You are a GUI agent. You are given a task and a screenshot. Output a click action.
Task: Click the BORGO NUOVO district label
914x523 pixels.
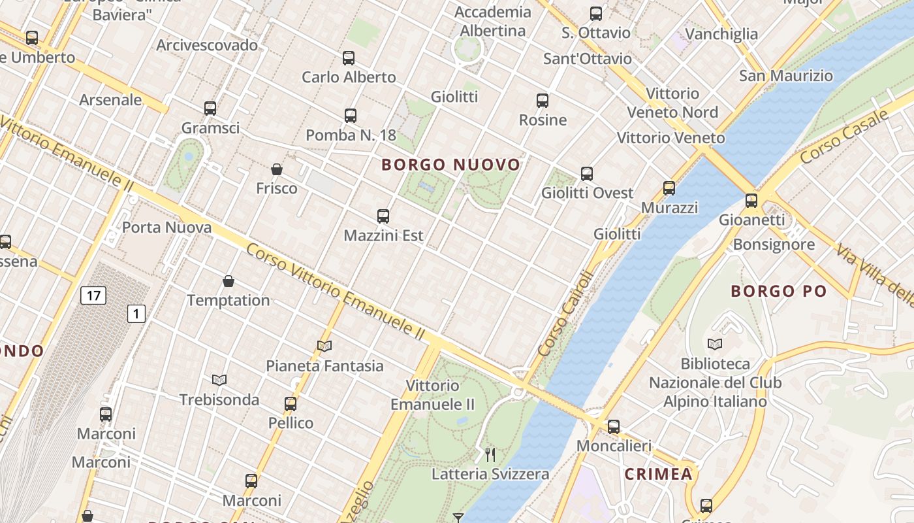click(451, 165)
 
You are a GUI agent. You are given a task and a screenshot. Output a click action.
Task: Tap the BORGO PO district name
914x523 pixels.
click(778, 292)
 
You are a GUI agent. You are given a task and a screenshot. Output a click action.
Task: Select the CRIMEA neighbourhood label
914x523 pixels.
click(658, 474)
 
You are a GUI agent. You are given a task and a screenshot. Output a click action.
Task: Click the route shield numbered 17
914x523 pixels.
click(93, 295)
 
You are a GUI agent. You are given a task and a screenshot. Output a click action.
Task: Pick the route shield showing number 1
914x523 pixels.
click(136, 314)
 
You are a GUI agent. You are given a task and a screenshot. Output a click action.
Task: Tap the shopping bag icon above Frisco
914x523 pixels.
click(277, 169)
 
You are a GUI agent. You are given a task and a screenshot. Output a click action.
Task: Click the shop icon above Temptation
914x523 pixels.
click(228, 281)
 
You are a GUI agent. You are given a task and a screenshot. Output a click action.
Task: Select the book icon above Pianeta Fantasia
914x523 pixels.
click(324, 346)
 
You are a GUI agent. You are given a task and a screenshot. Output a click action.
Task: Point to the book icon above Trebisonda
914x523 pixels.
click(219, 380)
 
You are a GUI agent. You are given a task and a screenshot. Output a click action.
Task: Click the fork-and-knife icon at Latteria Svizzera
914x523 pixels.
click(490, 454)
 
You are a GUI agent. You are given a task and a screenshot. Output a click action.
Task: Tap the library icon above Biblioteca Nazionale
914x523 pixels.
click(715, 344)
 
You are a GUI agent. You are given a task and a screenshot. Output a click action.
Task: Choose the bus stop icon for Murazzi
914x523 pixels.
click(669, 188)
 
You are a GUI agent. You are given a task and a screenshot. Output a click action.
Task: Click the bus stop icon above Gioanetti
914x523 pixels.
click(751, 200)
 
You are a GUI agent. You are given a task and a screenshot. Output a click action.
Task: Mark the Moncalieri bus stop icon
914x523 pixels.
click(614, 427)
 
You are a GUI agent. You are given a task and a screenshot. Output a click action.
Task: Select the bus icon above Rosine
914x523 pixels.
click(543, 101)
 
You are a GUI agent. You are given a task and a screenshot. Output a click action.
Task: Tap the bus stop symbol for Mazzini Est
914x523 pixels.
click(383, 216)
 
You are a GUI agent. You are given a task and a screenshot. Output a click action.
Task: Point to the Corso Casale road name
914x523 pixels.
click(844, 137)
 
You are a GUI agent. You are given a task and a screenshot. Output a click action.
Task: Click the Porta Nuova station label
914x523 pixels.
click(167, 228)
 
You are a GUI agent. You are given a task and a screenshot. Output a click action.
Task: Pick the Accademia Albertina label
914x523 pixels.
click(493, 22)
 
